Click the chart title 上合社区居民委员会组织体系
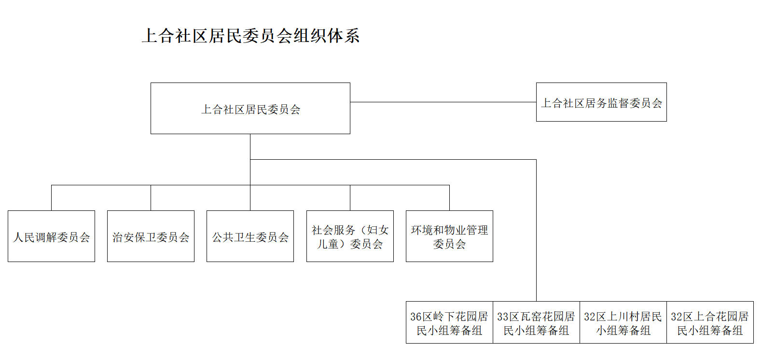click(250, 36)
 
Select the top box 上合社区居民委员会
click(250, 109)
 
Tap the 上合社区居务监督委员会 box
click(601, 102)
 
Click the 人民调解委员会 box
click(51, 236)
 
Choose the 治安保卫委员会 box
click(151, 236)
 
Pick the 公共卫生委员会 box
click(250, 236)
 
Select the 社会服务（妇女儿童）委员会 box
click(350, 236)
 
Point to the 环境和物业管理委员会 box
click(449, 236)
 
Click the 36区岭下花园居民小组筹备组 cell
click(449, 323)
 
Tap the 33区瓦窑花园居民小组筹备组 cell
click(536, 323)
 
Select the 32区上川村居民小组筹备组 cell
click(623, 323)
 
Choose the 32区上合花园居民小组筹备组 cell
click(710, 323)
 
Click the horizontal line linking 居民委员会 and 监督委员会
click(443, 102)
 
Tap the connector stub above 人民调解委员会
click(51, 198)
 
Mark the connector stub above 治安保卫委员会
click(151, 198)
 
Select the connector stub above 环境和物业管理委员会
click(449, 198)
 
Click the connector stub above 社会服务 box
click(350, 198)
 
